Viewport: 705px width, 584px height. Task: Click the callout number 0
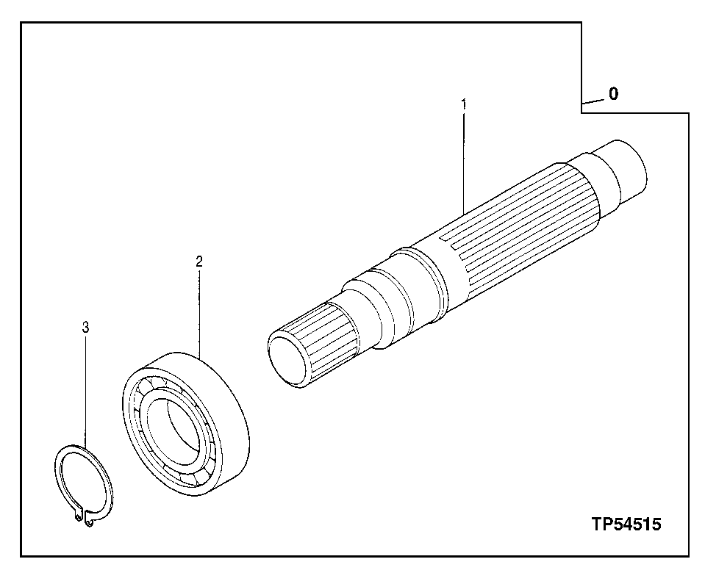tap(613, 94)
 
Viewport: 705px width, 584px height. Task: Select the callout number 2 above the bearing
tap(198, 261)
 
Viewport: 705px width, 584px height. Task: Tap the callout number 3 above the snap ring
tap(85, 327)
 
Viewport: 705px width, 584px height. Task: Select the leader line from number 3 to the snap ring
tap(85, 389)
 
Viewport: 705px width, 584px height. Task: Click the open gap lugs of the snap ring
tap(84, 521)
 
